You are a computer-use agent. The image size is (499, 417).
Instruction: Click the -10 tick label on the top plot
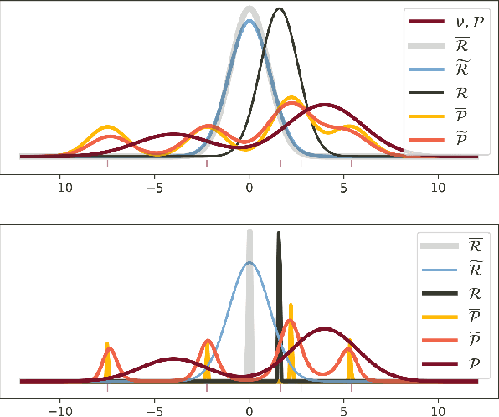[59, 187]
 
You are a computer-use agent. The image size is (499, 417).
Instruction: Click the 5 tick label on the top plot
[344, 187]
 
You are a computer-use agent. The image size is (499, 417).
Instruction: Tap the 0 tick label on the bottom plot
[249, 411]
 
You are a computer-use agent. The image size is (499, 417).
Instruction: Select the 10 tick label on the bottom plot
[438, 411]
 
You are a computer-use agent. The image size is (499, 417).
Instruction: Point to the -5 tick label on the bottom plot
[154, 411]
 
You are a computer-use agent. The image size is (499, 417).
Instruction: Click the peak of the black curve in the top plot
[280, 9]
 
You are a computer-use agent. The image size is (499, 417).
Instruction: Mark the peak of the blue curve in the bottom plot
[249, 262]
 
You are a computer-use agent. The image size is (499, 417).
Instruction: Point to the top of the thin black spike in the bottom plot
[279, 233]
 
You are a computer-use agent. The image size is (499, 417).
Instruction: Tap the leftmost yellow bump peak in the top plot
[107, 126]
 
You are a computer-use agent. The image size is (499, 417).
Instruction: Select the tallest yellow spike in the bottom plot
[291, 305]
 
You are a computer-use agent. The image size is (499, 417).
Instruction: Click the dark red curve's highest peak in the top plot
[325, 105]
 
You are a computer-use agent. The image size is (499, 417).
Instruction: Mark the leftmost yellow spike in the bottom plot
[107, 344]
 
